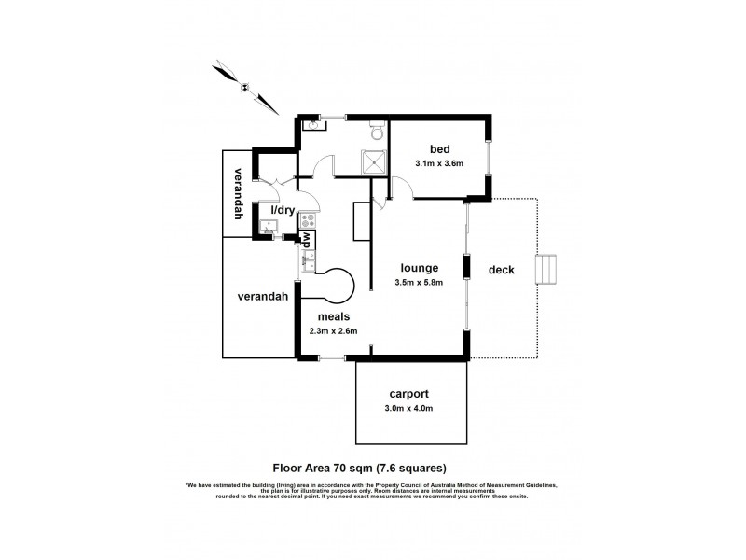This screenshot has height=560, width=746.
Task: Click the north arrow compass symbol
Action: click(243, 86)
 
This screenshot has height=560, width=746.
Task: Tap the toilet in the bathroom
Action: click(375, 129)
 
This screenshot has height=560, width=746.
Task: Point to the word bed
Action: click(439, 149)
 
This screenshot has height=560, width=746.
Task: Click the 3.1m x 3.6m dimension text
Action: click(439, 164)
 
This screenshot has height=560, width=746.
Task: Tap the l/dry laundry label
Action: click(283, 211)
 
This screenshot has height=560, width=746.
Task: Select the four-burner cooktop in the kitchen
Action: click(307, 224)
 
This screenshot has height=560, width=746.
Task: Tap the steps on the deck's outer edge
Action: click(547, 271)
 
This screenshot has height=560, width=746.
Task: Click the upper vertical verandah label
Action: click(239, 193)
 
